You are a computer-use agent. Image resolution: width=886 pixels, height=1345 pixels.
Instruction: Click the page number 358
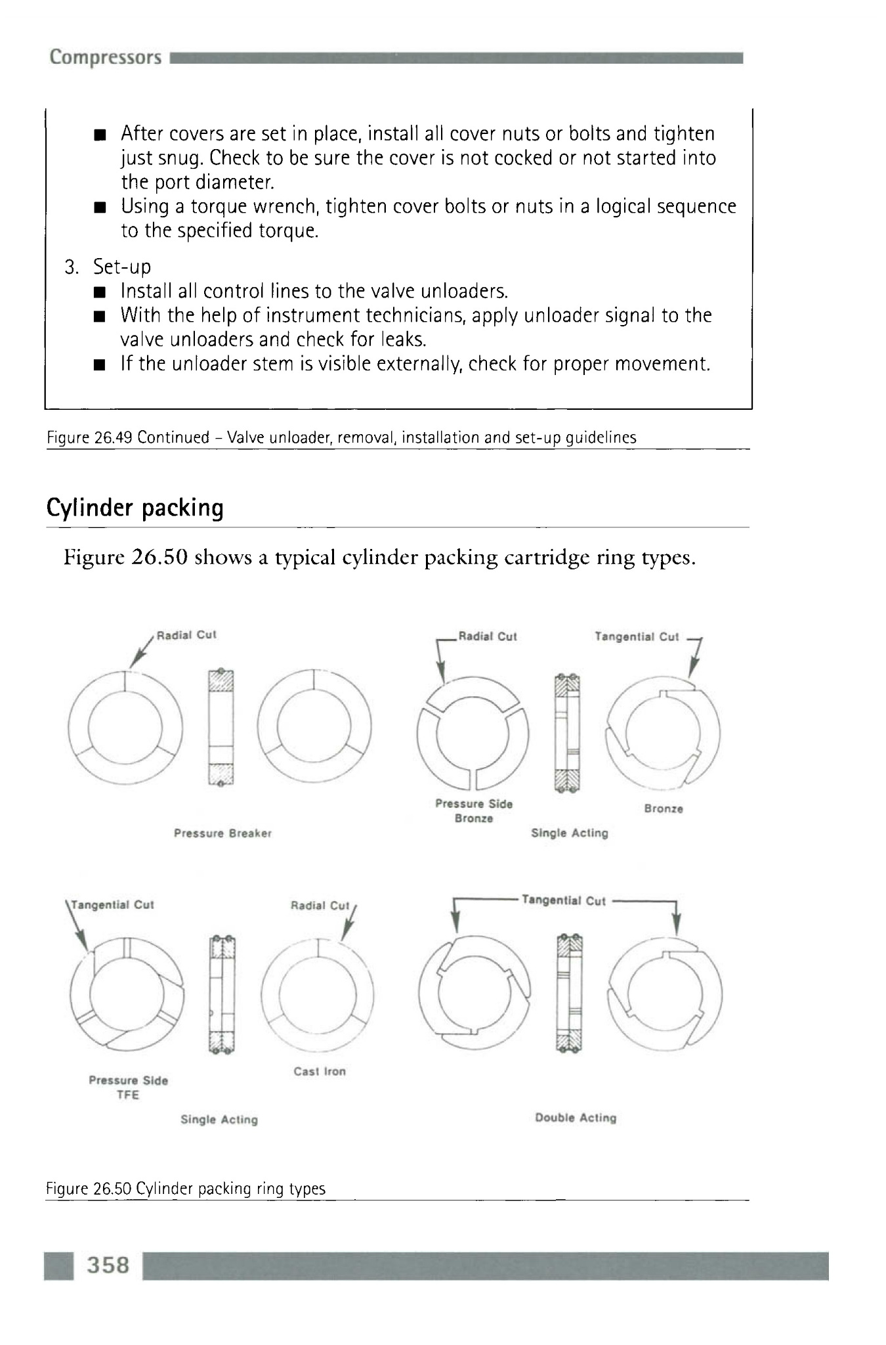(x=108, y=1265)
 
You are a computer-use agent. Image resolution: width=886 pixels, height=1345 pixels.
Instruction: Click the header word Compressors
(x=105, y=57)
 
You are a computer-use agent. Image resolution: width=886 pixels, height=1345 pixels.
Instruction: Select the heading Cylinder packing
(x=135, y=508)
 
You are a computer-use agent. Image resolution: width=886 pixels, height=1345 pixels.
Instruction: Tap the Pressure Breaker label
(x=222, y=833)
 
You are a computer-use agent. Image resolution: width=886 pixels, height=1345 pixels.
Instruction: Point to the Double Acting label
(x=576, y=1118)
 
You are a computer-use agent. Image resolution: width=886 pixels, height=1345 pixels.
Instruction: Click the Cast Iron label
(x=319, y=1071)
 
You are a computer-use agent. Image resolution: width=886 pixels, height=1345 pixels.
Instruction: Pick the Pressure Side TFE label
(x=128, y=1088)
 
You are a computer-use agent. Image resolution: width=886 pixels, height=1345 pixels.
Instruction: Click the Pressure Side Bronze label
(x=474, y=811)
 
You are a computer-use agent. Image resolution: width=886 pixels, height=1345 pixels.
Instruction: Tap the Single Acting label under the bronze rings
(x=569, y=833)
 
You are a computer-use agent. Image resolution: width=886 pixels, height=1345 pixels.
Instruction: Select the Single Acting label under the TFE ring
(x=219, y=1120)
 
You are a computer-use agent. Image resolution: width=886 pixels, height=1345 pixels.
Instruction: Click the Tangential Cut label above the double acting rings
(x=563, y=900)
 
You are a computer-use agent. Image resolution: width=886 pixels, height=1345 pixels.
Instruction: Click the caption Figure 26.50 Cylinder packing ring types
(x=186, y=1189)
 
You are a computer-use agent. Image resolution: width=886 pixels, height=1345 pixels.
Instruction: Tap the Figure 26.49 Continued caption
(x=341, y=437)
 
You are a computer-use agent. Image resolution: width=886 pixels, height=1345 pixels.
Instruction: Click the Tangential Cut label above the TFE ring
(x=112, y=905)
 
